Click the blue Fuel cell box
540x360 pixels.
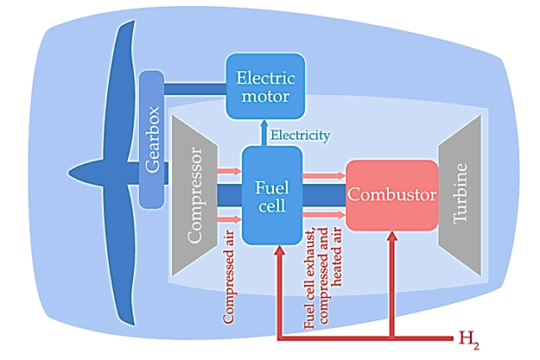point(272,195)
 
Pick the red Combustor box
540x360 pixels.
point(391,196)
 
